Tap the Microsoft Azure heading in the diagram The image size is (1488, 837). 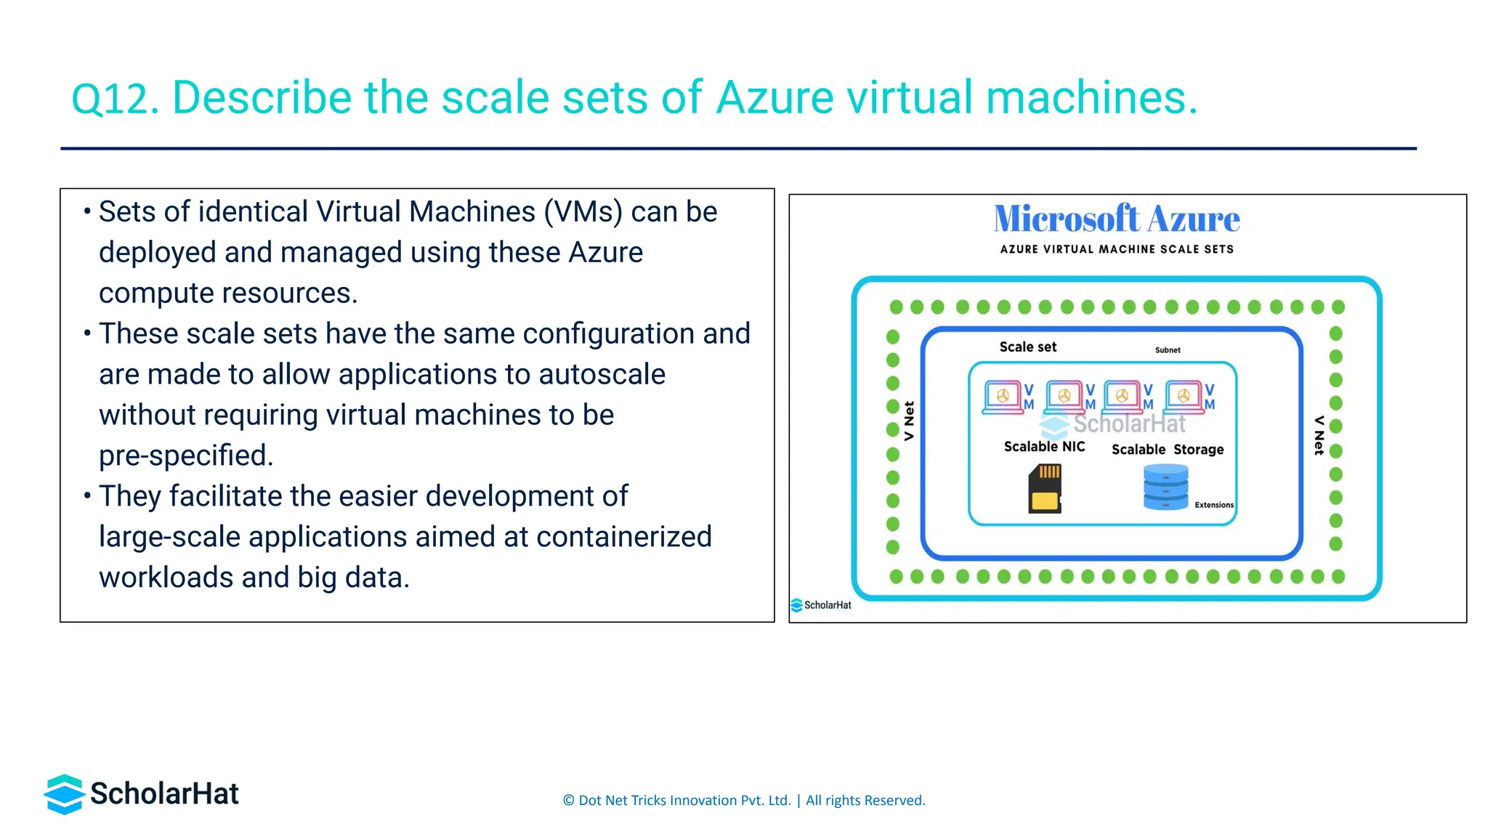click(1116, 219)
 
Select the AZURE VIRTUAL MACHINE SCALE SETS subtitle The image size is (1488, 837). click(1116, 249)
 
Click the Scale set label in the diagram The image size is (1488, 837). click(1027, 347)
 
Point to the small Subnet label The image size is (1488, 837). click(1168, 350)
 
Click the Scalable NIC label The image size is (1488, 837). click(1044, 447)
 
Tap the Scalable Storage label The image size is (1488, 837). click(1167, 450)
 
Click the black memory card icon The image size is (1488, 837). click(1045, 490)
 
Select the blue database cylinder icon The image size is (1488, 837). click(1165, 487)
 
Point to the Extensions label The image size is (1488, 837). click(1213, 505)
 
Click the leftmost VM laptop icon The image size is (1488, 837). click(1003, 397)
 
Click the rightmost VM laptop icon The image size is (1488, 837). click(1184, 397)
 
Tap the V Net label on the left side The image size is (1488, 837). click(909, 421)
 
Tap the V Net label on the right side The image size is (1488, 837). click(1319, 435)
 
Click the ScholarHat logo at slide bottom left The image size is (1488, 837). click(142, 793)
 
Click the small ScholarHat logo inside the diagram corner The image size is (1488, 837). click(821, 605)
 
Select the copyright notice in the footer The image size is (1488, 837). click(743, 801)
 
